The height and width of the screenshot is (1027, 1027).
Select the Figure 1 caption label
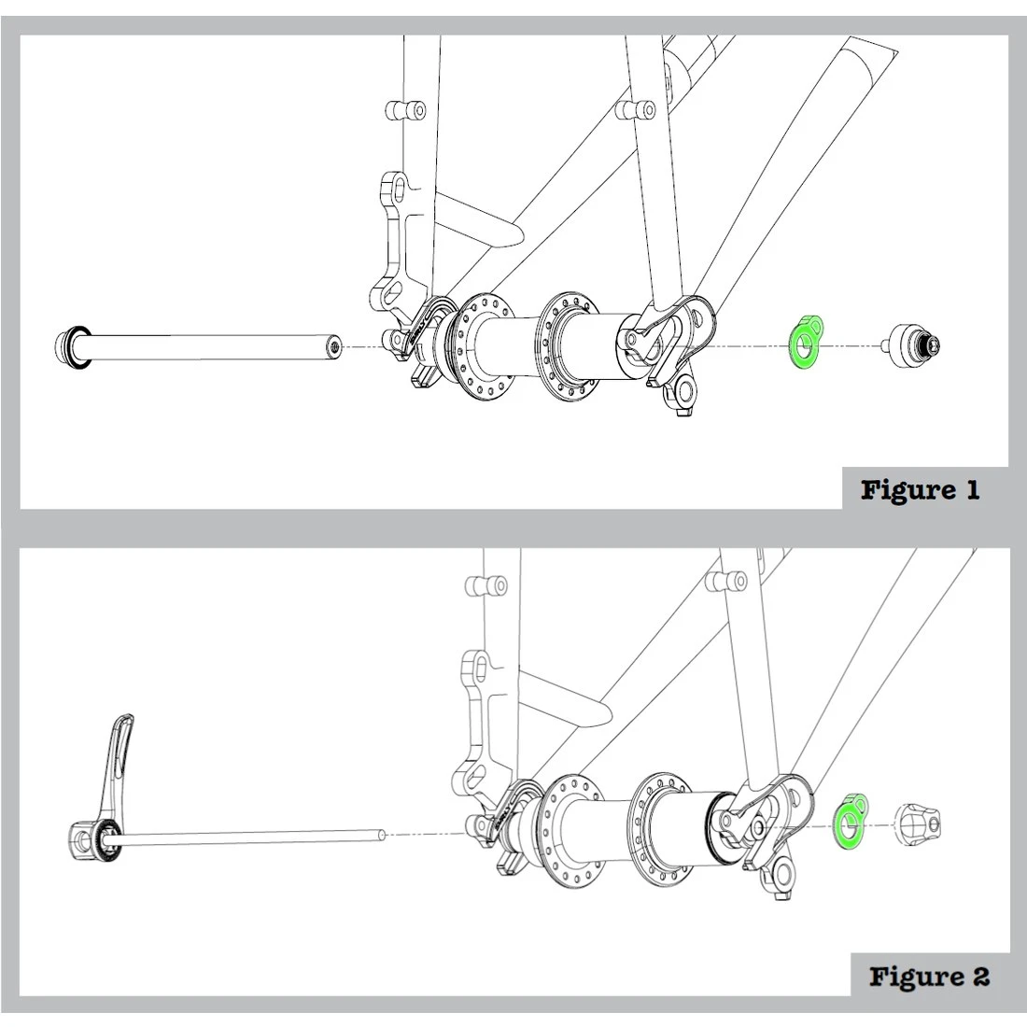(x=920, y=489)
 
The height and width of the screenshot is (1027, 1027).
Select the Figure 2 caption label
(x=928, y=977)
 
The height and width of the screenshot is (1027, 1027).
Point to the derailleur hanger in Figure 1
(x=680, y=392)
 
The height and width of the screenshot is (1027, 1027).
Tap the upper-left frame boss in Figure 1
(x=404, y=111)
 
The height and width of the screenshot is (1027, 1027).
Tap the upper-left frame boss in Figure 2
(x=485, y=585)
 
